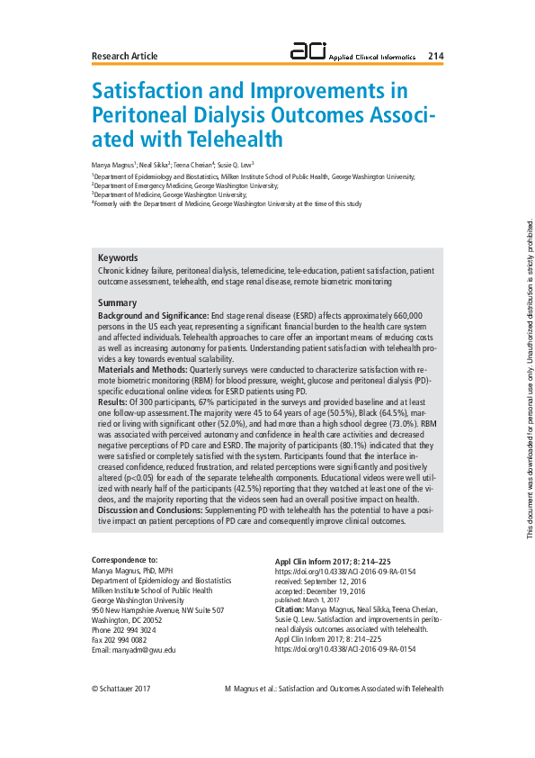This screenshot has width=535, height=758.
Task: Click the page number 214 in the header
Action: (x=435, y=56)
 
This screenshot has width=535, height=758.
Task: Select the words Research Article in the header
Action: (x=125, y=57)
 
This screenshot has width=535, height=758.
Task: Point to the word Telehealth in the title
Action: (x=236, y=140)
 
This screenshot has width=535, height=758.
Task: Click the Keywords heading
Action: (x=118, y=257)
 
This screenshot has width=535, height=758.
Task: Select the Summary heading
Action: (x=117, y=303)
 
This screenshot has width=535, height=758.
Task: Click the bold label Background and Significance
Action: (x=152, y=317)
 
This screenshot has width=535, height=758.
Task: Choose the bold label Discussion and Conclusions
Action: (x=149, y=510)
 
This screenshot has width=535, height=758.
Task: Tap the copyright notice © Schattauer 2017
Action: (x=121, y=689)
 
